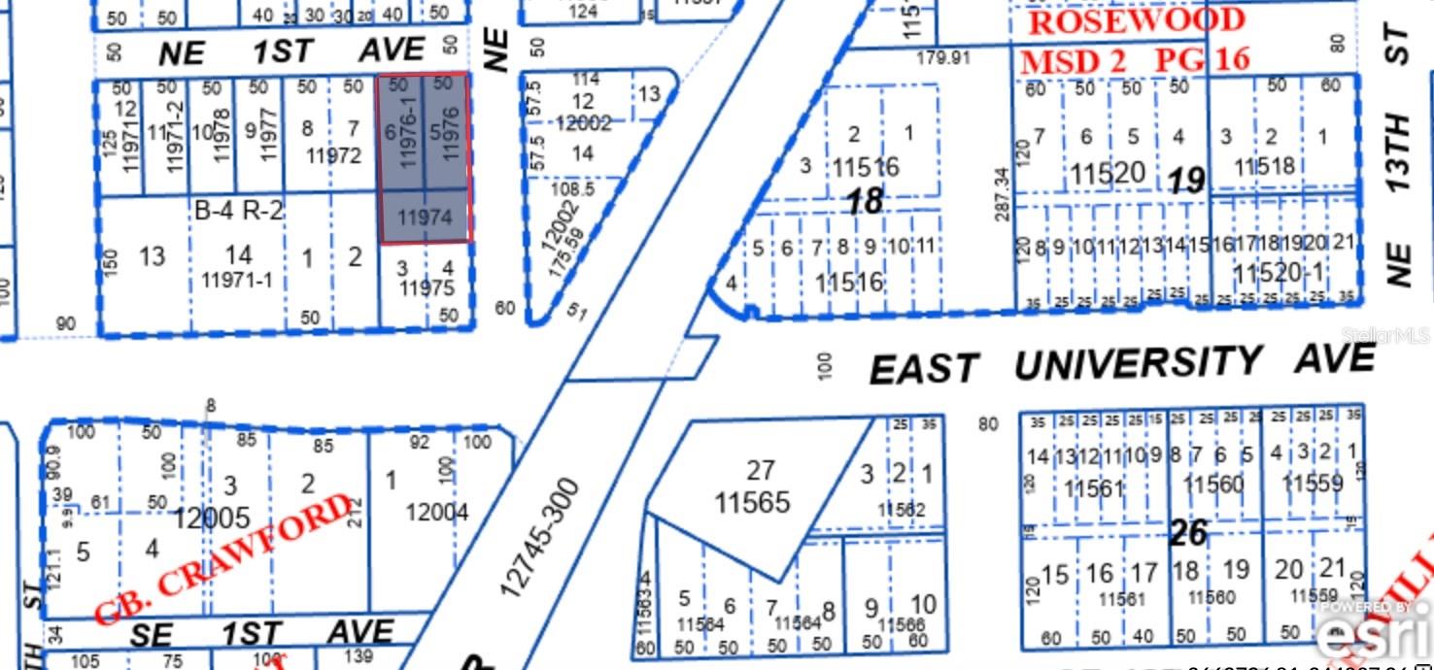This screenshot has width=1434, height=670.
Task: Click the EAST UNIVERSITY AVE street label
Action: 1122,364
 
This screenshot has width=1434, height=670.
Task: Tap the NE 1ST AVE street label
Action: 291,51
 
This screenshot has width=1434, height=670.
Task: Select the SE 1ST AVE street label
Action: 262,634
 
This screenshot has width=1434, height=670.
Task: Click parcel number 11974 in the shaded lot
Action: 426,218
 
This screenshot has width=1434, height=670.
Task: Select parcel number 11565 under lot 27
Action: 752,502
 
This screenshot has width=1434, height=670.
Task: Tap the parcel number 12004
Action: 437,511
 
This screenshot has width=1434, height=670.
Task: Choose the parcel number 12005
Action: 212,519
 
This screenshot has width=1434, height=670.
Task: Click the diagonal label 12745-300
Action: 540,536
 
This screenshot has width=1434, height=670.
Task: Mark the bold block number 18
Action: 865,201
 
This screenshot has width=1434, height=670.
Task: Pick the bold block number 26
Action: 1188,532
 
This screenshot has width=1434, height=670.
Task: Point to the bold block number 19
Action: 1186,180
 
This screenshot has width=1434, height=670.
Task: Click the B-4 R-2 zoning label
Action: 239,210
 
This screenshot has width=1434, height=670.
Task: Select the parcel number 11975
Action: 427,287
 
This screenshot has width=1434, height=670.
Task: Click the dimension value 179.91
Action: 943,58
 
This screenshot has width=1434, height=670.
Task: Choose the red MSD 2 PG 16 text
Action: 1134,60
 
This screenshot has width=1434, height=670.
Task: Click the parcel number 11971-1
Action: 238,282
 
